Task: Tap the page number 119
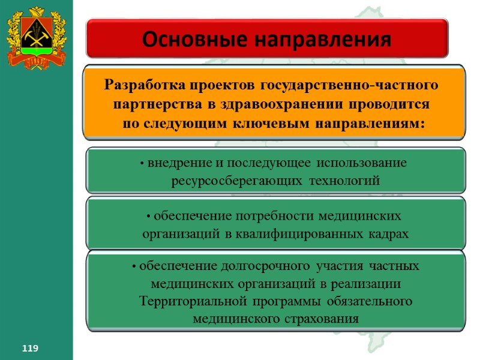coord(30,348)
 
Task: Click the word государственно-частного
coord(344,83)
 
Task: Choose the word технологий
coord(344,180)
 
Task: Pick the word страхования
coord(318,319)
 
